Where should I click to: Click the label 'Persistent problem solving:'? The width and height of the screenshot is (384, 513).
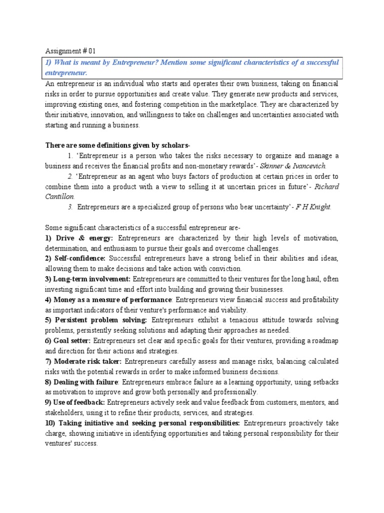[x=96, y=320]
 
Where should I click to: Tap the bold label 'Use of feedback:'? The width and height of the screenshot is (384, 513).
[x=75, y=402]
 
